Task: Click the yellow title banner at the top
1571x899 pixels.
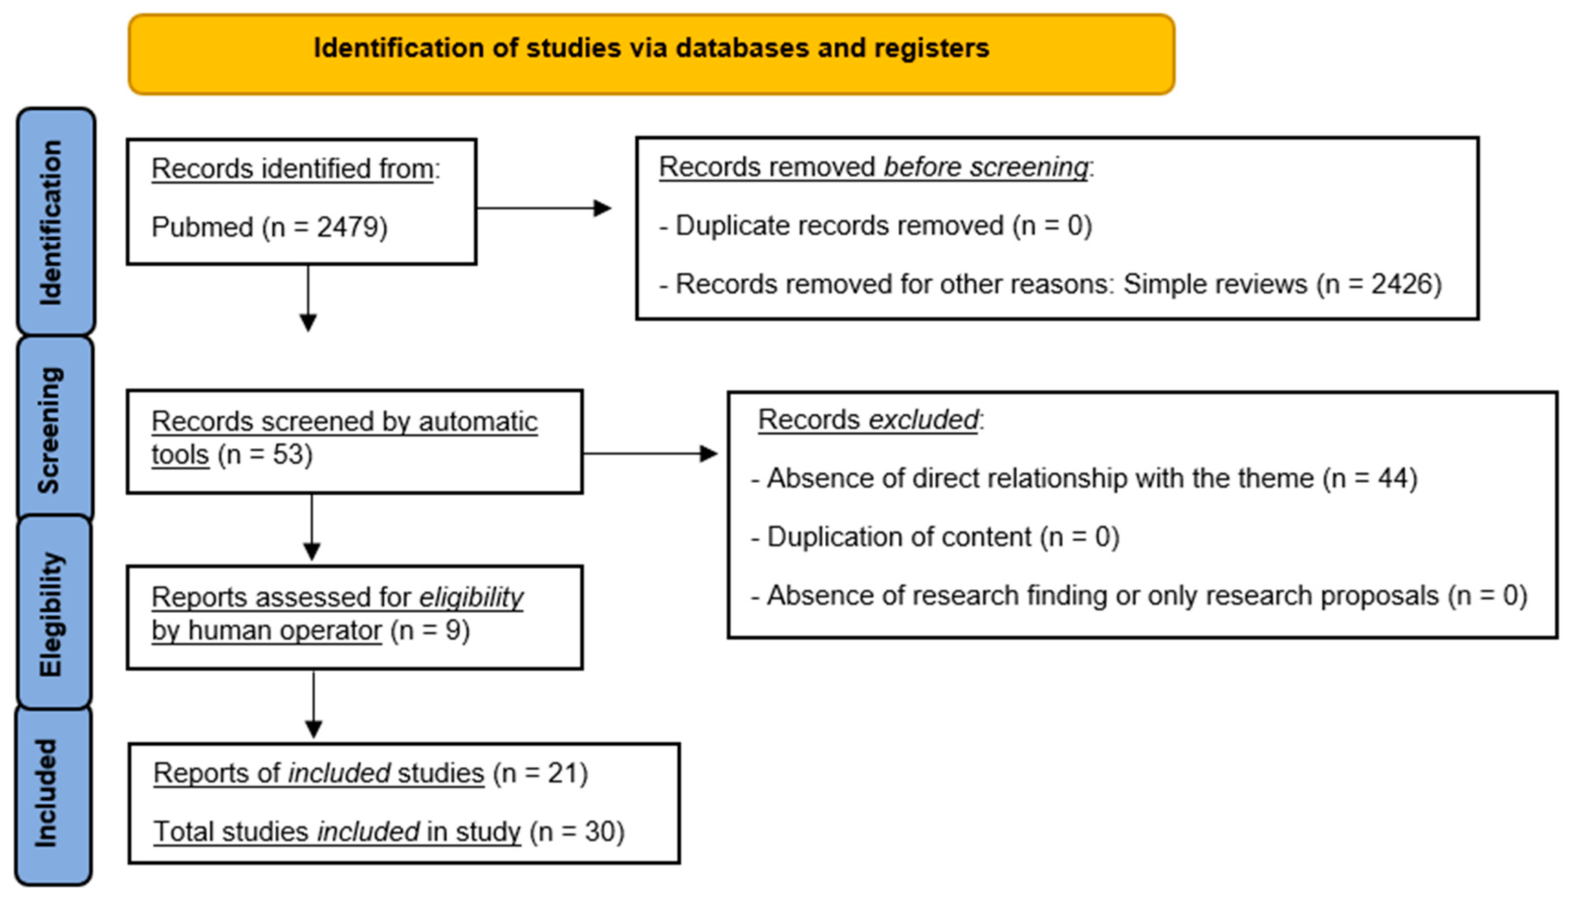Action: point(651,54)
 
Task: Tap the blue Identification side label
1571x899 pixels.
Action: point(56,222)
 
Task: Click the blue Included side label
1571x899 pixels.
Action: point(53,794)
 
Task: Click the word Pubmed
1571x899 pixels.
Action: point(202,227)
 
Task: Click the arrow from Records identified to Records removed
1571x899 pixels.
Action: point(543,208)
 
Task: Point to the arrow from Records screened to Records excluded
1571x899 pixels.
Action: point(649,454)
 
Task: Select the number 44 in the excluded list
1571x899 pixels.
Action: point(1392,478)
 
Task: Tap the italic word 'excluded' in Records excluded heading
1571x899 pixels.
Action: point(923,420)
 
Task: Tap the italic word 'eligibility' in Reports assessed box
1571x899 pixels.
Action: point(471,598)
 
